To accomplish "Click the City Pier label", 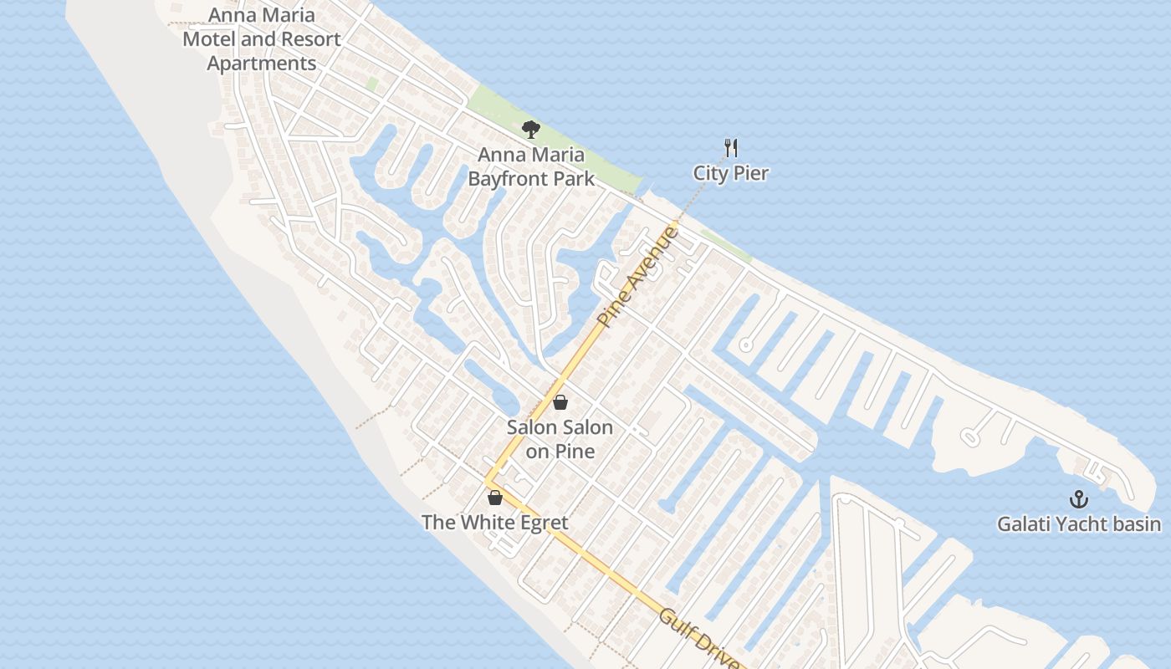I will [730, 173].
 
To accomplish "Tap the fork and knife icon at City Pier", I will [731, 148].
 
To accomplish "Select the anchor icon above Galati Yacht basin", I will [1079, 499].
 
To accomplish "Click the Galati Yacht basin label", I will [1079, 524].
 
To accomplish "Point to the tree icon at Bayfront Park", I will [530, 129].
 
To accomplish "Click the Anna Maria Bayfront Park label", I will [531, 166].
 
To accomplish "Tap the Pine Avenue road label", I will [638, 276].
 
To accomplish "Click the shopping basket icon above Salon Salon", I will [560, 402].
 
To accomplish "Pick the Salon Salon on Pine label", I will [560, 439].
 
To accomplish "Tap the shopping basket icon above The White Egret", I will [495, 498].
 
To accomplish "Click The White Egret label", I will [495, 523].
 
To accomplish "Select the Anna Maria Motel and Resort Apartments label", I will [262, 39].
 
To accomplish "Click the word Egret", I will [536, 523].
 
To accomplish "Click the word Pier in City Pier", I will [750, 173].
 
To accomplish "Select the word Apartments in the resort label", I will [262, 64].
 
